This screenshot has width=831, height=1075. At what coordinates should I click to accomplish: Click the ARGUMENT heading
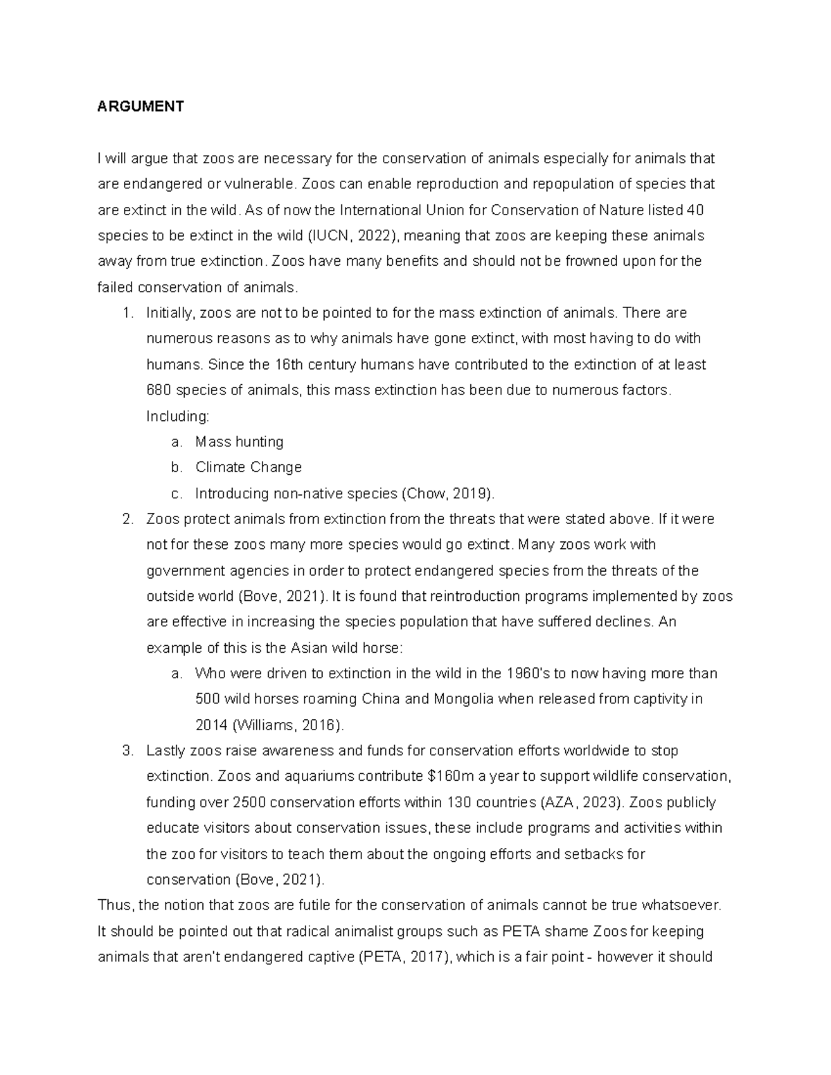[x=141, y=107]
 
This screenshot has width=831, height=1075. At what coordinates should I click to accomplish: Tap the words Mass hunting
[x=239, y=442]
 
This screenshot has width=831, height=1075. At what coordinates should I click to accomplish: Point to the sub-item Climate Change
[x=248, y=467]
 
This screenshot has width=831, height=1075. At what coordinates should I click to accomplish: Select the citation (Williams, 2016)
[x=288, y=725]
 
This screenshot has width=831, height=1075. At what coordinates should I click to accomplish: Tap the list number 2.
[x=127, y=519]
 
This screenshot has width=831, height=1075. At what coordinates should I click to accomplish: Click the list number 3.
[x=127, y=751]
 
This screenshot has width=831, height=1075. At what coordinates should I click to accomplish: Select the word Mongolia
[x=463, y=699]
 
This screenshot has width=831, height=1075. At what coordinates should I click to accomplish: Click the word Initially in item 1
[x=171, y=313]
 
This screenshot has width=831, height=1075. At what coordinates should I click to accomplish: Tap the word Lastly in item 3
[x=166, y=751]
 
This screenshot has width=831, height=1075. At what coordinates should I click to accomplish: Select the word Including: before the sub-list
[x=177, y=416]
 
